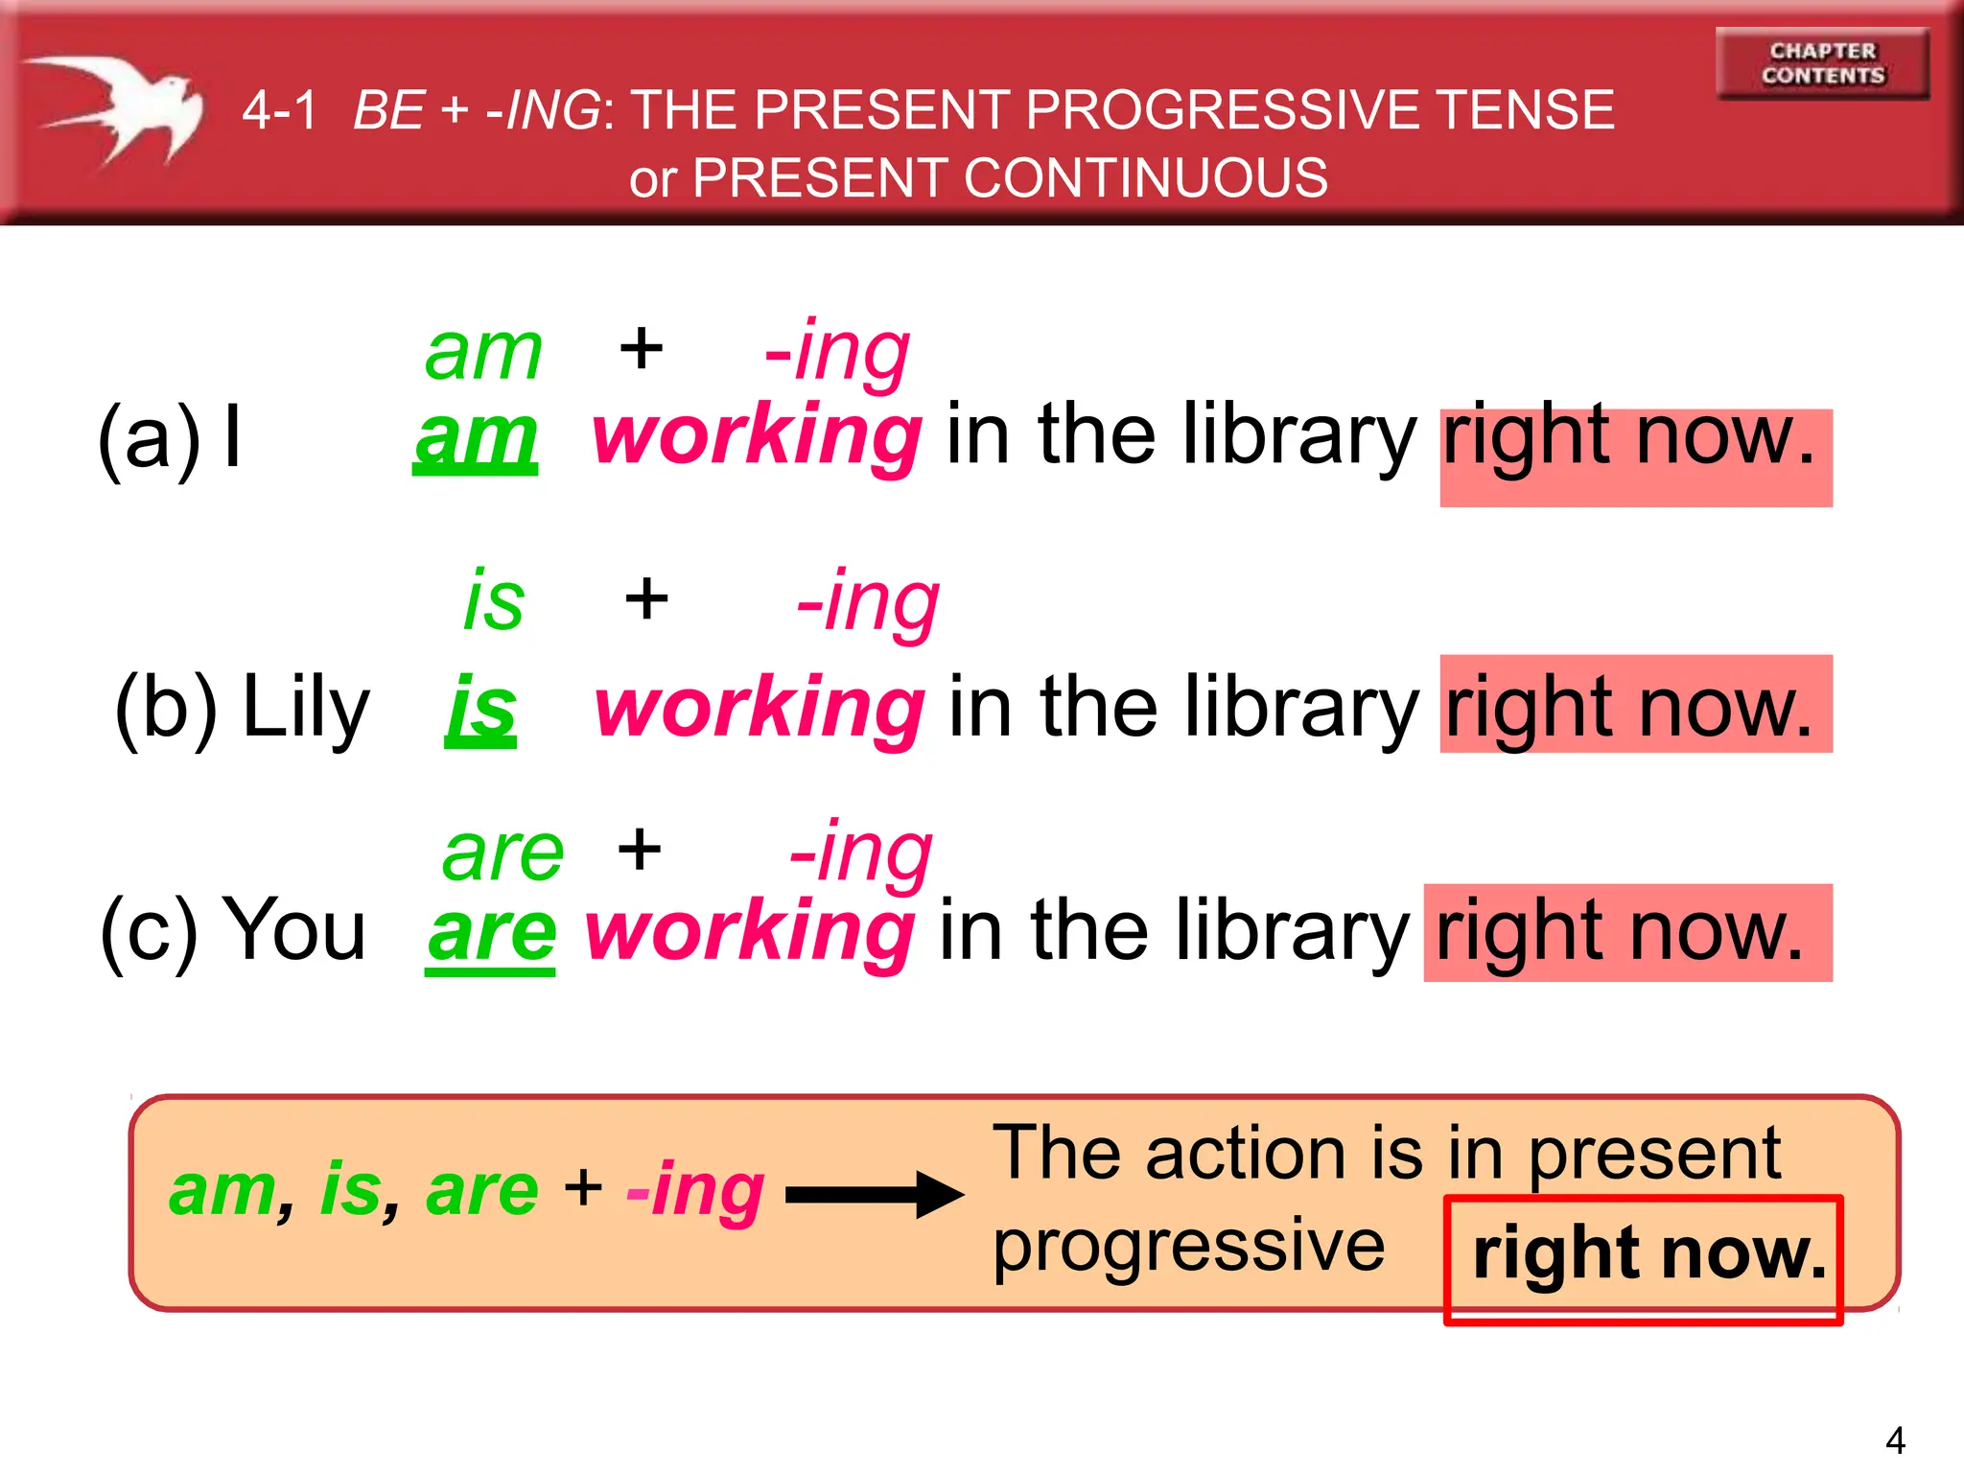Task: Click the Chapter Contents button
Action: click(1822, 63)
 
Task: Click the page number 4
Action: click(1895, 1439)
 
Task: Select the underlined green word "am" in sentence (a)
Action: click(476, 437)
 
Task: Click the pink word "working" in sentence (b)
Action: click(760, 708)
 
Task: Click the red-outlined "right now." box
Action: click(1644, 1258)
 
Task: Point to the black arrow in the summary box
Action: click(873, 1194)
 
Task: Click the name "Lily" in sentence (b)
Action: click(305, 708)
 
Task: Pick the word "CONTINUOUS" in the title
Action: click(1145, 178)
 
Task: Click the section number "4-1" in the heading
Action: click(279, 109)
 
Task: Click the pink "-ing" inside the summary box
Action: click(695, 1191)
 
